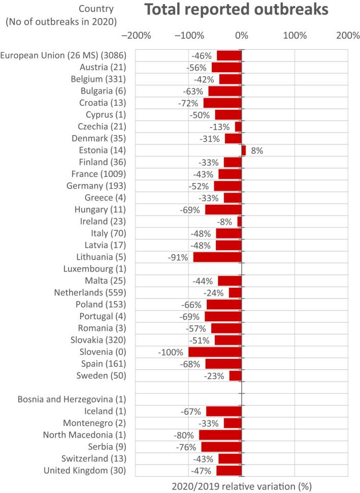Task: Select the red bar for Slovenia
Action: (215, 352)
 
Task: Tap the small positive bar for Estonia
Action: (244, 150)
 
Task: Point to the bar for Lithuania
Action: (218, 257)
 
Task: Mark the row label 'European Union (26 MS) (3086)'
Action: (63, 55)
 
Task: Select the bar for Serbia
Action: (221, 447)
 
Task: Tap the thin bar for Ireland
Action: (240, 222)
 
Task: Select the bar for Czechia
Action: (238, 127)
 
